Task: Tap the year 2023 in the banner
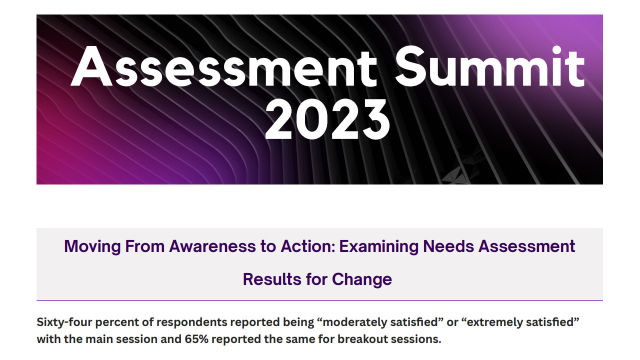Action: click(x=327, y=119)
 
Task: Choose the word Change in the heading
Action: click(x=362, y=279)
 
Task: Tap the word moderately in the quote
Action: click(x=351, y=322)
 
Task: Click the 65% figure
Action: click(x=211, y=339)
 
